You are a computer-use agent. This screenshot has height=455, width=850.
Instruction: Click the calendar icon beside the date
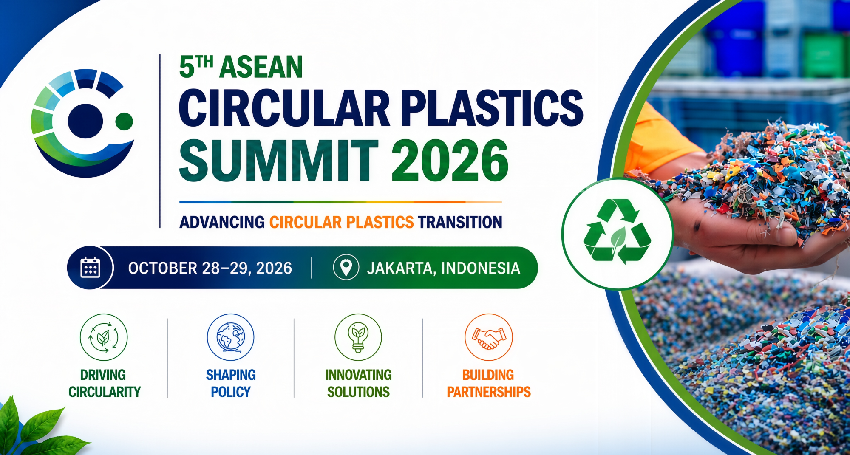(x=90, y=268)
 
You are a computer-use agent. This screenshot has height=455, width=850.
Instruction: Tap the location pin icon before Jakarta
(x=346, y=267)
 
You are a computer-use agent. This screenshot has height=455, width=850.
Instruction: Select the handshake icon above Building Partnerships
(x=489, y=337)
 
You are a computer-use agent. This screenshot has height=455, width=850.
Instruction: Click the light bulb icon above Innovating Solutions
(x=358, y=337)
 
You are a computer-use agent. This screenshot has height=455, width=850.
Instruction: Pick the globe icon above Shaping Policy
(x=230, y=337)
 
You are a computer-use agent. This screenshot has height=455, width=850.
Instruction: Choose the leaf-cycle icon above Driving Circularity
(x=103, y=337)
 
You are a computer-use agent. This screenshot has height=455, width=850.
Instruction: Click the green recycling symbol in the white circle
(x=617, y=232)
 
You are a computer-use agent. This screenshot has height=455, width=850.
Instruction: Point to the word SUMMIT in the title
(x=279, y=161)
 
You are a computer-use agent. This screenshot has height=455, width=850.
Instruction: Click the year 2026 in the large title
(x=450, y=161)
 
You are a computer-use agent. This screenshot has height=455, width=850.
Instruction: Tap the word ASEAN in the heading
(x=261, y=67)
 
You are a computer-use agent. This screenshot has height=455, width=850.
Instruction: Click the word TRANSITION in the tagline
(x=460, y=222)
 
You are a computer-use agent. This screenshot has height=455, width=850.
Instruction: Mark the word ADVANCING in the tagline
(x=222, y=222)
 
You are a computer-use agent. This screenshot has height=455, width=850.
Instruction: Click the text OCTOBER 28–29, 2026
(x=210, y=268)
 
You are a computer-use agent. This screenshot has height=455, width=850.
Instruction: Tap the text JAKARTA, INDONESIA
(x=443, y=268)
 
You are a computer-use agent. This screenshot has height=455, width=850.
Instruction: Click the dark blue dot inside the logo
(x=85, y=121)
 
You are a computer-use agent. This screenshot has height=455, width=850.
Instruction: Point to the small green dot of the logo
(x=124, y=121)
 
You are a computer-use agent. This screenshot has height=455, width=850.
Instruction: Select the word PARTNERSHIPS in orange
(x=489, y=392)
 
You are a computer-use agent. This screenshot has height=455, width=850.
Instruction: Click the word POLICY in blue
(x=231, y=392)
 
